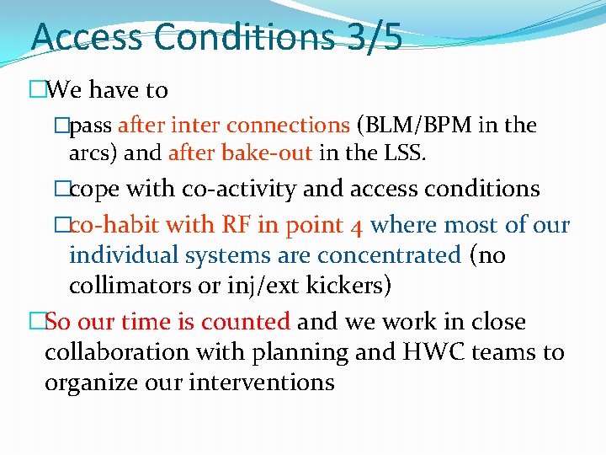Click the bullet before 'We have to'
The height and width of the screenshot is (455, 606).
pos(36,90)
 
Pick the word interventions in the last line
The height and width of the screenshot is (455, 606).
pos(262,382)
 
